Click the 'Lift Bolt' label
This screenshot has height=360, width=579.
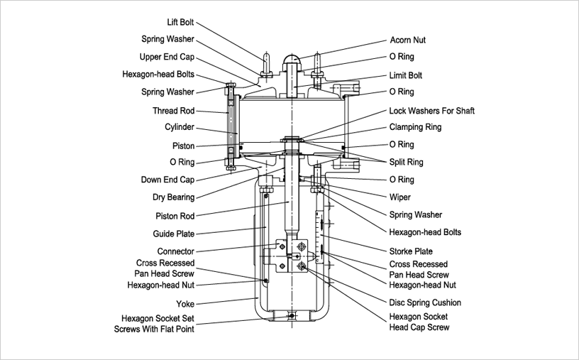(x=180, y=23)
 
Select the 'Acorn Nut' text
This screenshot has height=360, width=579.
(x=408, y=40)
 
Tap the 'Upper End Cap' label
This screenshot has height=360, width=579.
(x=167, y=57)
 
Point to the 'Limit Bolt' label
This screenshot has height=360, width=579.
(x=406, y=75)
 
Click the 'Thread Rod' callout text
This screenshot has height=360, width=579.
(x=173, y=111)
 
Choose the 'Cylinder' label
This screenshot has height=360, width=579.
(x=180, y=127)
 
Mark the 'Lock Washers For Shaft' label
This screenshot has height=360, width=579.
(x=431, y=111)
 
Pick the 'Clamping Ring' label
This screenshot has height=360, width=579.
(x=415, y=128)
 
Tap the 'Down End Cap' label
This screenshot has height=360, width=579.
(x=167, y=180)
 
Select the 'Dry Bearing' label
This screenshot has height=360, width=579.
(x=172, y=197)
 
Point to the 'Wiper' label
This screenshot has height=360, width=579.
(x=400, y=197)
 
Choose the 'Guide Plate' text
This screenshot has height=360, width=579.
(x=173, y=234)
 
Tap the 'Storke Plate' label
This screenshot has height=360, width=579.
(x=411, y=251)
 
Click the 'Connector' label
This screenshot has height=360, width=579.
(x=175, y=251)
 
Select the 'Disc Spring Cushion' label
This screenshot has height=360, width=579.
(x=425, y=302)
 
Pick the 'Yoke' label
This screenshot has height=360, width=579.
(x=184, y=302)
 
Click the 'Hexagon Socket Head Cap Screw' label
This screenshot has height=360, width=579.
(x=419, y=322)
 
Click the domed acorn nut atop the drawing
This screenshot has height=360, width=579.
(x=292, y=63)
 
